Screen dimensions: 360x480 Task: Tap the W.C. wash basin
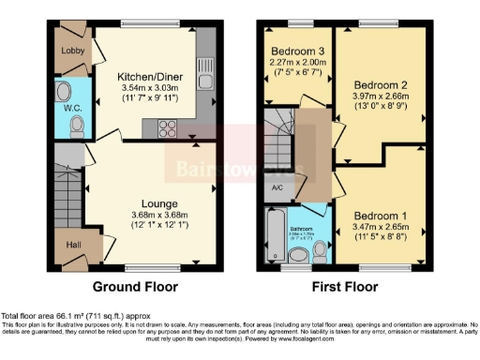click(x=63, y=93)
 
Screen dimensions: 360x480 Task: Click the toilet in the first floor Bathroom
click(x=322, y=249)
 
